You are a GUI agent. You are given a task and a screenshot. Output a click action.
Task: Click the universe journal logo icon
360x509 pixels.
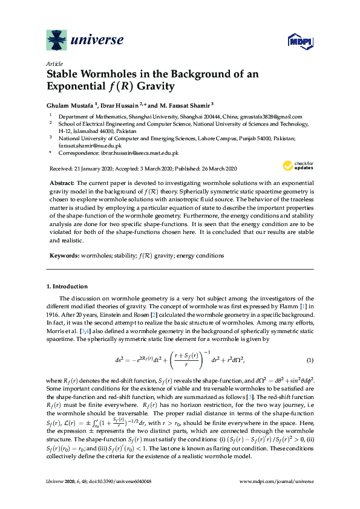[57, 41]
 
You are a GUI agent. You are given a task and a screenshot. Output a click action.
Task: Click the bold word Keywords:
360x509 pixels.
[63, 256]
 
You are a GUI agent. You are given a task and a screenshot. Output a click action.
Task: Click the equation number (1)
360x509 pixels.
[310, 361]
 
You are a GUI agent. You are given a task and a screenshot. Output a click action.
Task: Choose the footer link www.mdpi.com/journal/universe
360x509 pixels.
[277, 481]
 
